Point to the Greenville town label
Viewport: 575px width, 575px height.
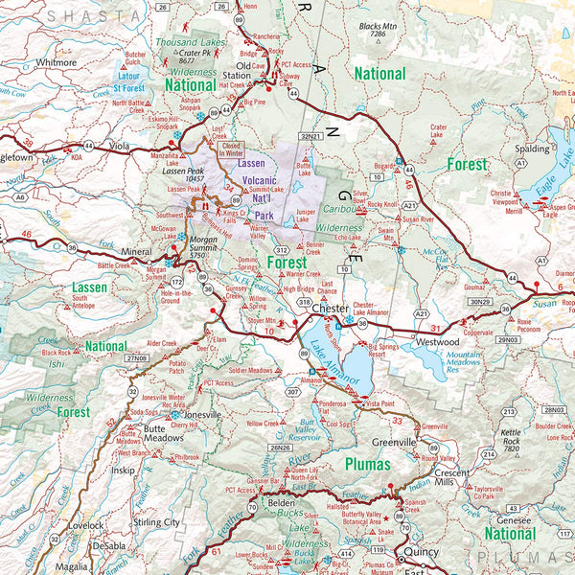click(x=395, y=443)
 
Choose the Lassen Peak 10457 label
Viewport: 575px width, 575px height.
click(x=188, y=174)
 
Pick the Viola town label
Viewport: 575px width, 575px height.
click(x=119, y=149)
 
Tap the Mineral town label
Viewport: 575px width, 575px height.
click(x=135, y=253)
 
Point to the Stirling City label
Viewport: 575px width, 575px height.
click(x=157, y=522)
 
